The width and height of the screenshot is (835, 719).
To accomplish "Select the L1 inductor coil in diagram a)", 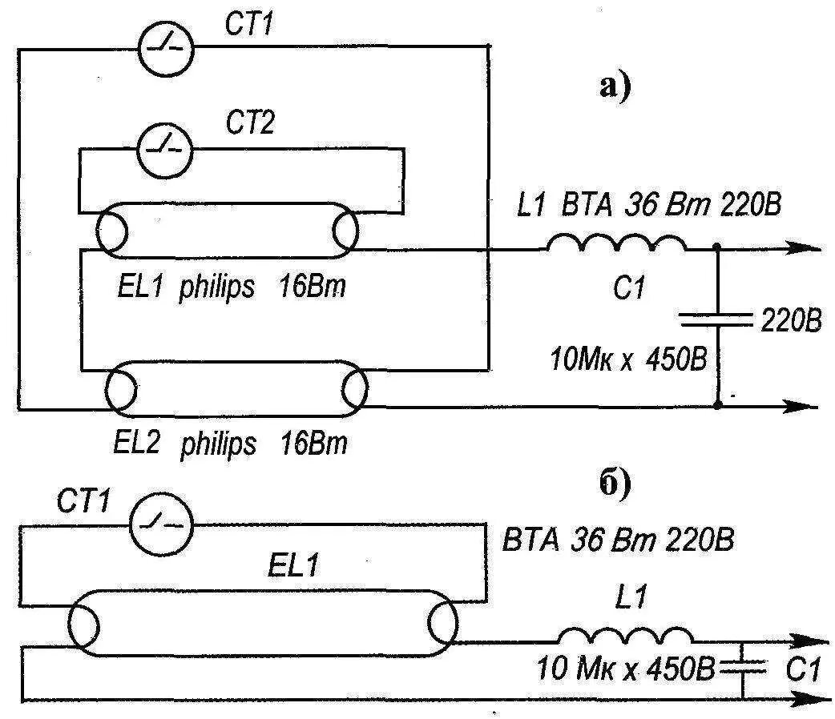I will coord(616,245).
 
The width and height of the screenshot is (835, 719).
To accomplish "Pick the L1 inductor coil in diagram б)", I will coord(625,635).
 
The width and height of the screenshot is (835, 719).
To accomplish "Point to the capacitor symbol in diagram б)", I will coord(744,664).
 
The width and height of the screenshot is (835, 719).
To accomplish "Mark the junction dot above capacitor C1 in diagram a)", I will coord(717,249).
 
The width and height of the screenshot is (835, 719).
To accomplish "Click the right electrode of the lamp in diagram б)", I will coord(442,621).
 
